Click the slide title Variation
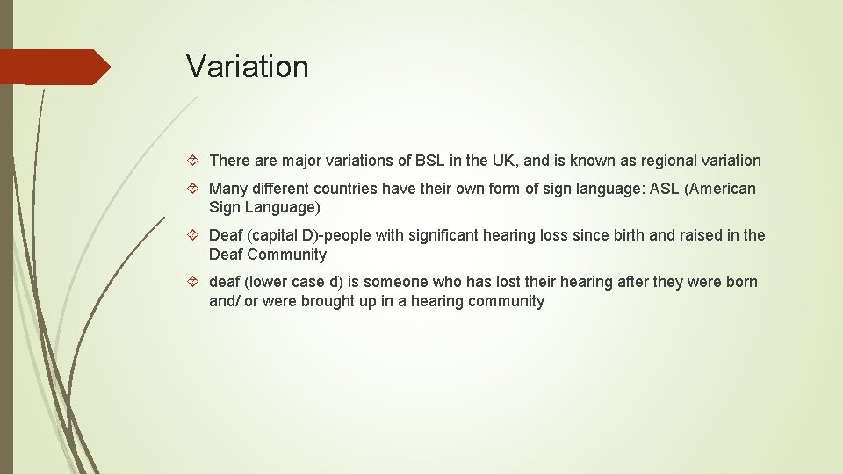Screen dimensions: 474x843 point(247,67)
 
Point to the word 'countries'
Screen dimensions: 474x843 point(346,189)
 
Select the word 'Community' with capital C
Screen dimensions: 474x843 point(286,255)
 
